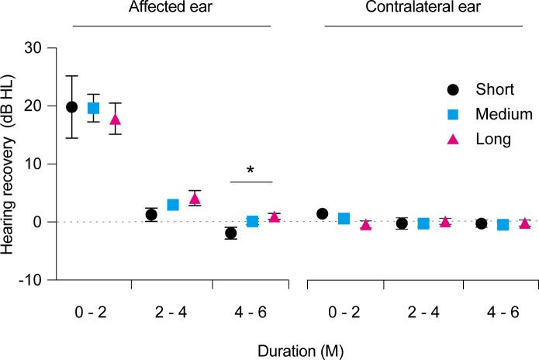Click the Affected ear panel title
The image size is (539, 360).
click(x=171, y=10)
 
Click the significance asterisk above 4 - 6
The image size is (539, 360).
click(x=251, y=170)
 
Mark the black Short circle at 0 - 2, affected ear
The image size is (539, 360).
click(x=72, y=106)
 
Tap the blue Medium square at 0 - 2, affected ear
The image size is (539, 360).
click(x=93, y=108)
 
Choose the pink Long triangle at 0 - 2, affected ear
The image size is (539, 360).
click(x=115, y=119)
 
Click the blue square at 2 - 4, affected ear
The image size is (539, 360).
click(x=173, y=205)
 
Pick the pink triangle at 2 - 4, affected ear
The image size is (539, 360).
click(x=195, y=198)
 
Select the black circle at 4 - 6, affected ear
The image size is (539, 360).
click(x=230, y=234)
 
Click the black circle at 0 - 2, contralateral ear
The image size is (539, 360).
click(x=323, y=213)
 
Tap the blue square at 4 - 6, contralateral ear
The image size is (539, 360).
click(x=503, y=225)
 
